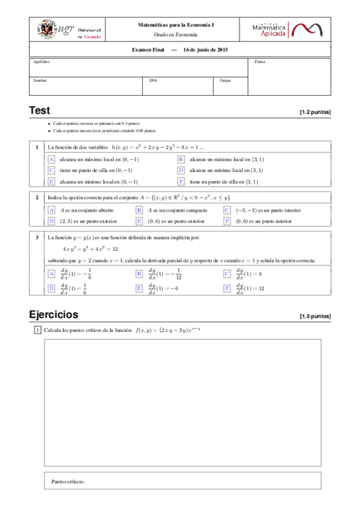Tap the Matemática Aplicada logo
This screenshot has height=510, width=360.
[x=290, y=30]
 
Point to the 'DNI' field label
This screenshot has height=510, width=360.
[x=153, y=80]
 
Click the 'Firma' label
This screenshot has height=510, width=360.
[x=260, y=61]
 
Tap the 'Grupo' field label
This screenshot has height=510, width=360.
[x=225, y=80]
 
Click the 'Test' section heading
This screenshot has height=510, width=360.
[x=40, y=111]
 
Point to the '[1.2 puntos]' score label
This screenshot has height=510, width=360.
[x=315, y=112]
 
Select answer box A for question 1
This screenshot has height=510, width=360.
[x=52, y=159]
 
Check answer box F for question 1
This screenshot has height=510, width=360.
[x=180, y=181]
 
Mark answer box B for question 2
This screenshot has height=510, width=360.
[x=139, y=210]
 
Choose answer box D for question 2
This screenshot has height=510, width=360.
[x=52, y=221]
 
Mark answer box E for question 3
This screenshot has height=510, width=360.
[x=139, y=288]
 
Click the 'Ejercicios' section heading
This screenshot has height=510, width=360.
[x=53, y=314]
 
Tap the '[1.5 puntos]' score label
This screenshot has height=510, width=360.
[x=315, y=316]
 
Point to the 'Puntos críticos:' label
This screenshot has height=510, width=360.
[x=69, y=482]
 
